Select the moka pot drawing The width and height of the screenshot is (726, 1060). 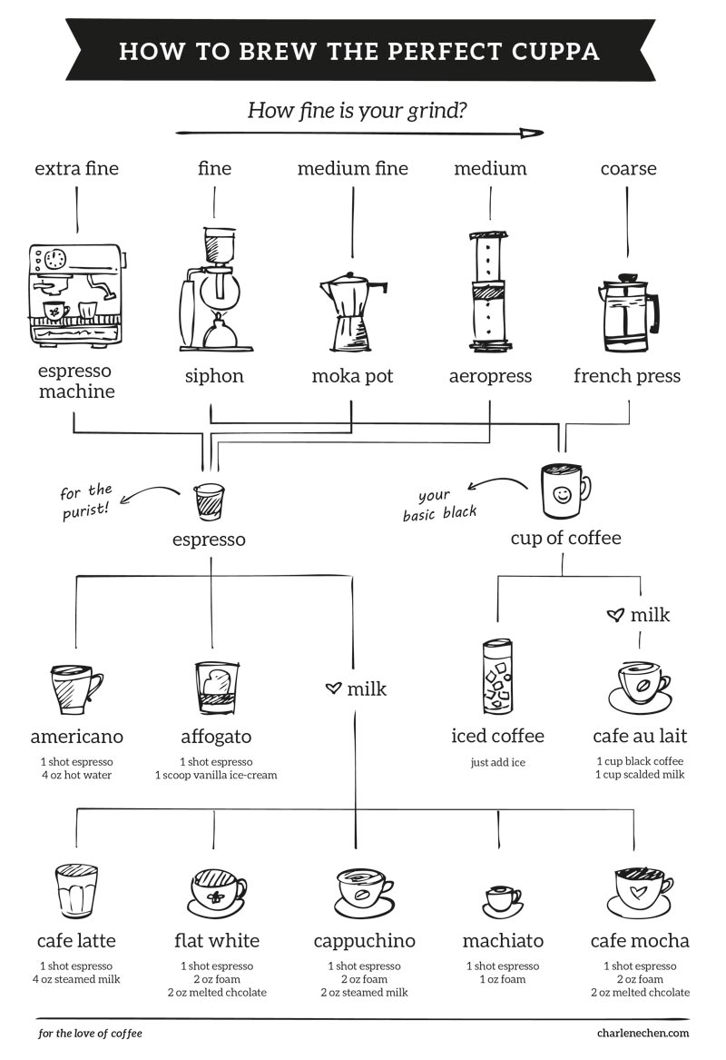[x=352, y=309]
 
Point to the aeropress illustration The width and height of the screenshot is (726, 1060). [x=490, y=291]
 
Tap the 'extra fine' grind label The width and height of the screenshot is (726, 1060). [x=76, y=168]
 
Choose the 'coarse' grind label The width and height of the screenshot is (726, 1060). [x=628, y=168]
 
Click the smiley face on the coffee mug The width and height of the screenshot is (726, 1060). [x=563, y=495]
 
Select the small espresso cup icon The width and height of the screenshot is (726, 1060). [x=210, y=500]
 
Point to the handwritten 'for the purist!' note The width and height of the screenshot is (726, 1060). [x=86, y=500]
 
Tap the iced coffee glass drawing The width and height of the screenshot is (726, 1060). [x=497, y=677]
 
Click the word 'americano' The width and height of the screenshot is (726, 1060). [x=76, y=736]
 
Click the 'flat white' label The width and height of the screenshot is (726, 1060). [x=216, y=940]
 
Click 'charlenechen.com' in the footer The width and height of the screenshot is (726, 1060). [x=643, y=1033]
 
